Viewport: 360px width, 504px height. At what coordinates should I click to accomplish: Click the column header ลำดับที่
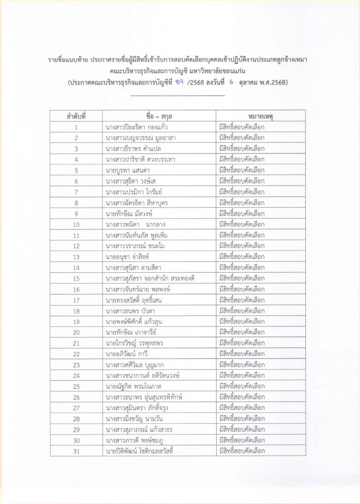point(76,116)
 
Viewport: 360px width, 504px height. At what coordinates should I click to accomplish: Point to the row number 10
point(76,224)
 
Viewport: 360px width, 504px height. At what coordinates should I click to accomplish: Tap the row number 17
point(76,300)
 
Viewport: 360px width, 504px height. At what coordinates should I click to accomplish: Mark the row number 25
point(76,386)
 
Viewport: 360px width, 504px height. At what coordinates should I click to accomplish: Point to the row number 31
point(76,451)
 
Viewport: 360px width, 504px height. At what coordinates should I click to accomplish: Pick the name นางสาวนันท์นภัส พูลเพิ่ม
point(137,235)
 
